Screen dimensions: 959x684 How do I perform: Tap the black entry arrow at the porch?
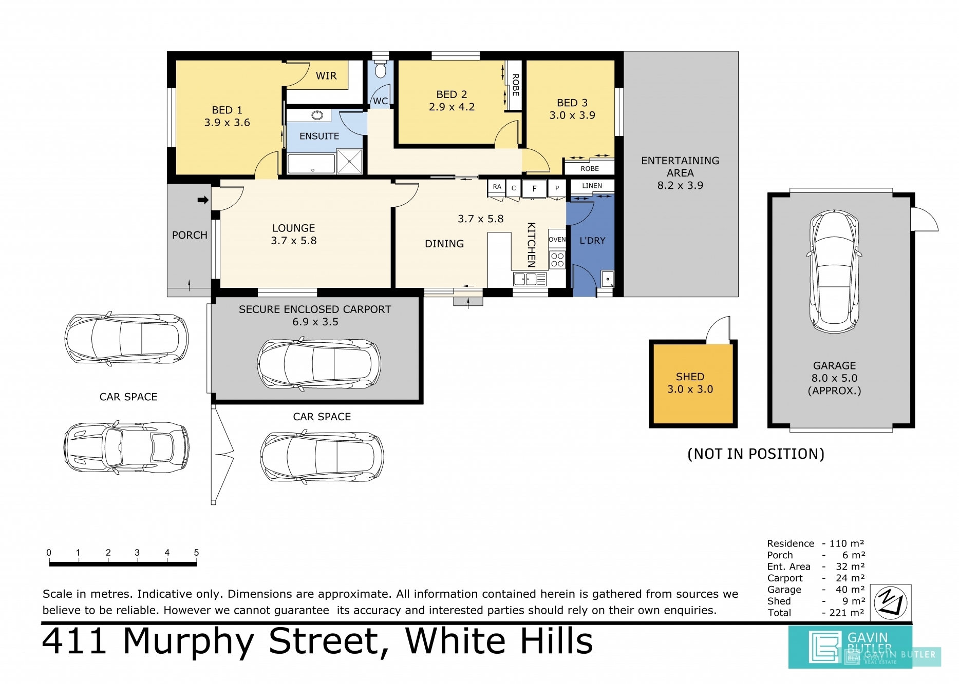(203, 200)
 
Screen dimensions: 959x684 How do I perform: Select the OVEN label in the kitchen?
(557, 240)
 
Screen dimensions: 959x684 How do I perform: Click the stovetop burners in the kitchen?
(557, 260)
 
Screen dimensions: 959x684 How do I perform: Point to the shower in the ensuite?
(350, 162)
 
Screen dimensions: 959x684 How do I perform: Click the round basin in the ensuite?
(317, 115)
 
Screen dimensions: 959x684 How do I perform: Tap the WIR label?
(326, 76)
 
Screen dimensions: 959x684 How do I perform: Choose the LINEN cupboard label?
(592, 186)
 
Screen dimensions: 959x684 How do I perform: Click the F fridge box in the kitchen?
(534, 189)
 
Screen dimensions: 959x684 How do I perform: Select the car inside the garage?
(834, 271)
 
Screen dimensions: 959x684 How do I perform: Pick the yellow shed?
(693, 384)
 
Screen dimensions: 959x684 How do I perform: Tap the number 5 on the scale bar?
(196, 553)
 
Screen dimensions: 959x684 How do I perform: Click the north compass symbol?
(891, 602)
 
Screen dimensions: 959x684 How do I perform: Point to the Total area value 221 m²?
(847, 613)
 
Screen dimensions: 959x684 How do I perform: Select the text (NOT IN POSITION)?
(756, 454)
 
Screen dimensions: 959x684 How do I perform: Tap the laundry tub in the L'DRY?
(607, 279)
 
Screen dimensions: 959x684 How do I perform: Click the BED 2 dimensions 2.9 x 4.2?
(452, 107)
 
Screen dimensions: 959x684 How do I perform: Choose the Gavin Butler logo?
(850, 647)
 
